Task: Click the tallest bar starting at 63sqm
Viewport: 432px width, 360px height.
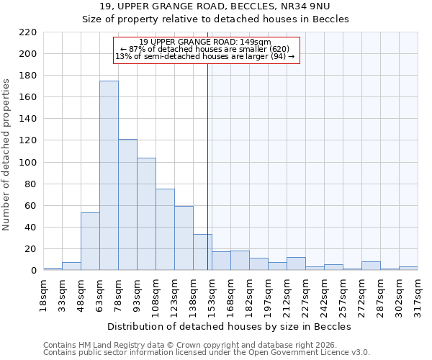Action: tap(109, 176)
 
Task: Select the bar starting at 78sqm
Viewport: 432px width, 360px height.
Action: tap(127, 204)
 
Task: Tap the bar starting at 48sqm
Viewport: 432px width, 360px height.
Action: tap(90, 241)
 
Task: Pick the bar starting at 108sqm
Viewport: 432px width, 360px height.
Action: tap(165, 229)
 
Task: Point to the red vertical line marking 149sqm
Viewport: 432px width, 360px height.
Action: tap(207, 166)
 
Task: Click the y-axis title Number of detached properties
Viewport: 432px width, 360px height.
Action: tap(7, 156)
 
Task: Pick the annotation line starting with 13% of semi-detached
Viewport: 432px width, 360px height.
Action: tap(205, 56)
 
